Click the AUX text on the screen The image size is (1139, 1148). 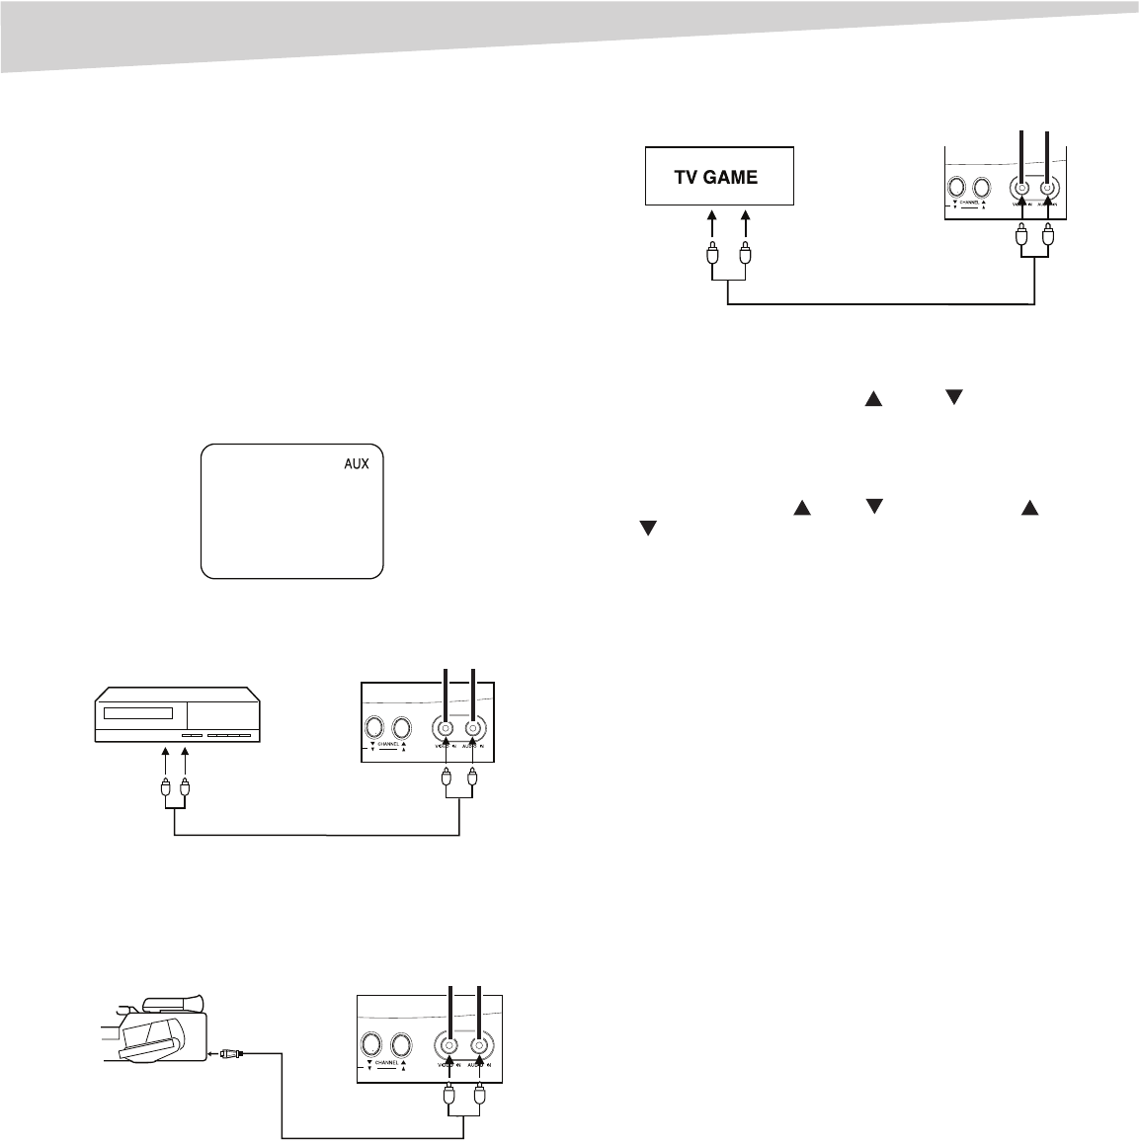(x=356, y=463)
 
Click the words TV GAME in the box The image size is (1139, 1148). (x=716, y=178)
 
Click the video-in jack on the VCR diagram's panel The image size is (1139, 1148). (x=447, y=728)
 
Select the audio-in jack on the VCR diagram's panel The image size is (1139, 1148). (x=474, y=728)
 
